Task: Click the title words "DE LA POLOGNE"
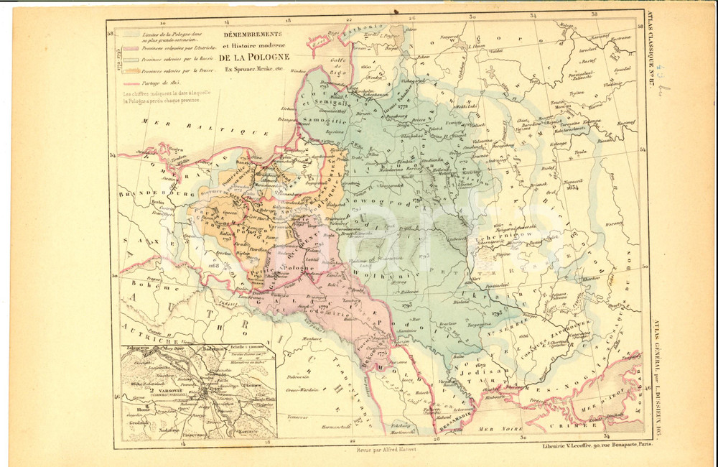coord(254,57)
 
